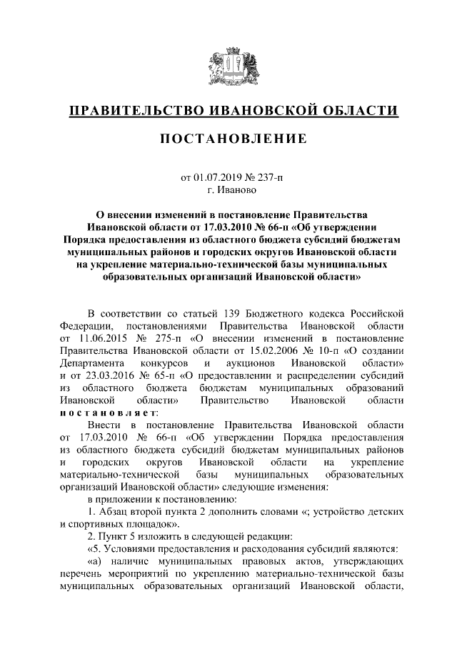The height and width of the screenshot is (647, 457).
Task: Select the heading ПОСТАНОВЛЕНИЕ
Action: [228, 138]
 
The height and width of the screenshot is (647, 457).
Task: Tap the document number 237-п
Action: [268, 177]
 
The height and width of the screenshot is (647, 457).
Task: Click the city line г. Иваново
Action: [228, 189]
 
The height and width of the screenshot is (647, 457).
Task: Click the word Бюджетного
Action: [292, 313]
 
